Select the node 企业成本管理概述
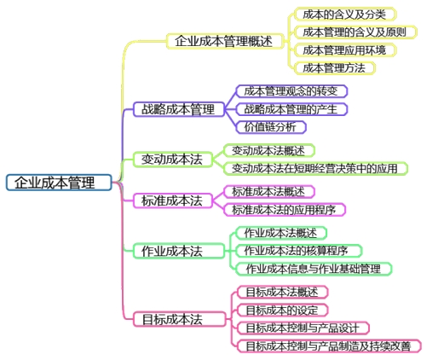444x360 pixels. pyautogui.click(x=224, y=40)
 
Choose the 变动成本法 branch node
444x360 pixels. pyautogui.click(x=171, y=159)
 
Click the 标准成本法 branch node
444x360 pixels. pyautogui.click(x=171, y=200)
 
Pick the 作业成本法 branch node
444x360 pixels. pyautogui.click(x=171, y=251)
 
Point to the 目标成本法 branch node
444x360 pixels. pyautogui.click(x=171, y=320)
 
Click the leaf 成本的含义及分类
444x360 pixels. pyautogui.click(x=344, y=14)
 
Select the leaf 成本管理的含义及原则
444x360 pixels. pyautogui.click(x=355, y=32)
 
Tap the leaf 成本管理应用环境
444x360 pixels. pyautogui.click(x=344, y=49)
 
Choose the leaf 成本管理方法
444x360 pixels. pyautogui.click(x=333, y=67)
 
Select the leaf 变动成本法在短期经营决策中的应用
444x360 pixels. pyautogui.click(x=314, y=168)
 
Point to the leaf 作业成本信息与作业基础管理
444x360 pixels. pyautogui.click(x=313, y=269)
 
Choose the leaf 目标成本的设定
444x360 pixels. pyautogui.click(x=280, y=310)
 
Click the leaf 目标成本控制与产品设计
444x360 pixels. pyautogui.click(x=302, y=328)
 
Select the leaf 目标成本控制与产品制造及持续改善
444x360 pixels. pyautogui.click(x=327, y=345)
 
